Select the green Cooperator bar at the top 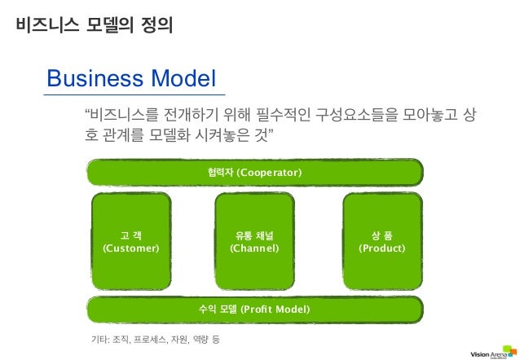click(254, 172)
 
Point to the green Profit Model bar click(254, 310)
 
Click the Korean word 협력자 click(220, 173)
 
